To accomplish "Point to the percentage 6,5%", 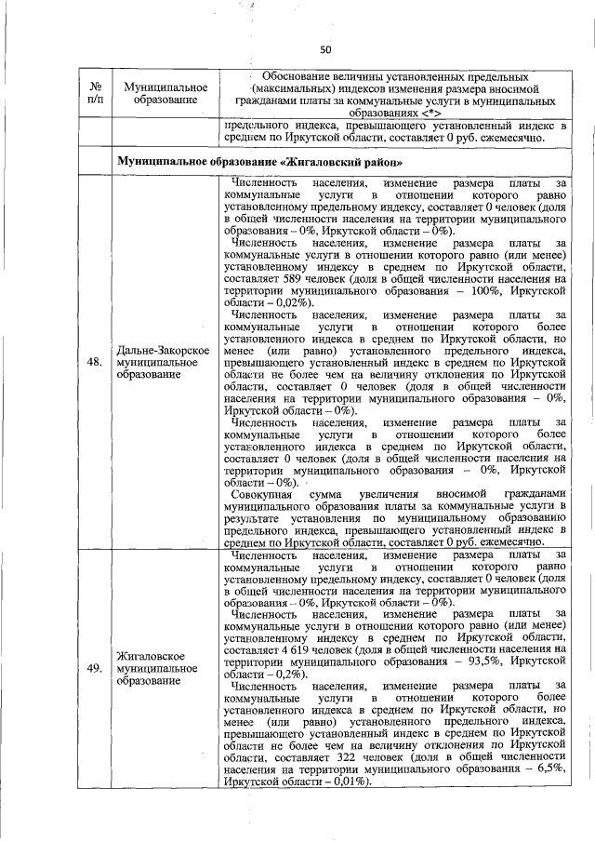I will pos(552,771).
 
